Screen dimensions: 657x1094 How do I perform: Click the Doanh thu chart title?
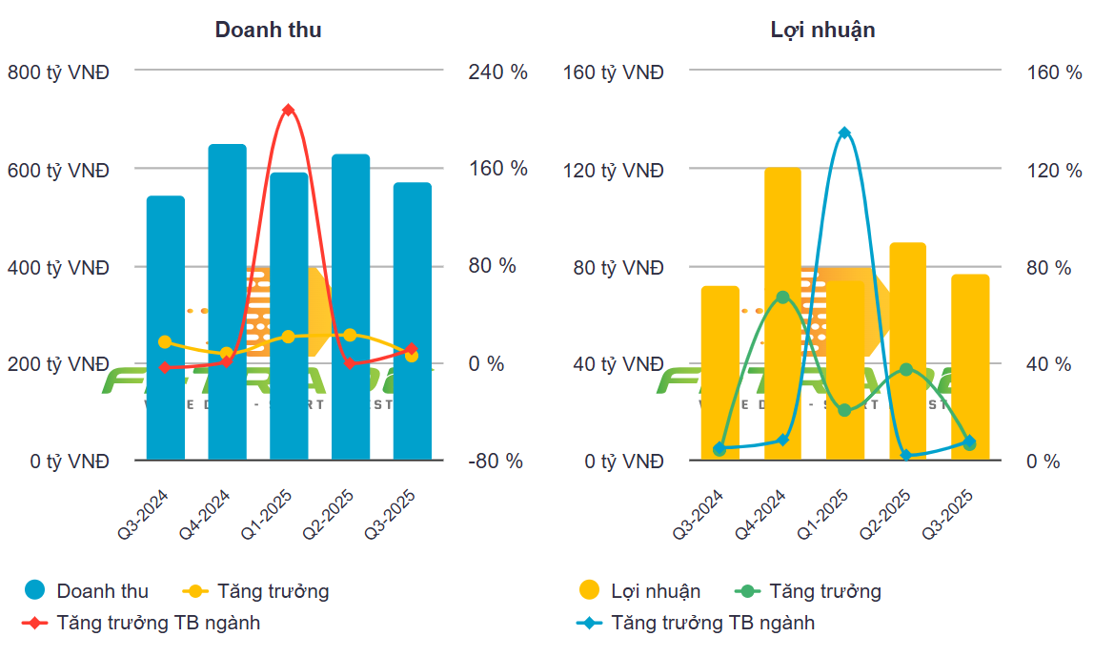pyautogui.click(x=268, y=30)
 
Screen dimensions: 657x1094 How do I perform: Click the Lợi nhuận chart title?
pyautogui.click(x=822, y=30)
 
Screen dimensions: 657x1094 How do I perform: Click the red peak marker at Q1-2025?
pyautogui.click(x=289, y=110)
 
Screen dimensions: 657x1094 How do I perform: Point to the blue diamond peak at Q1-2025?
pyautogui.click(x=844, y=133)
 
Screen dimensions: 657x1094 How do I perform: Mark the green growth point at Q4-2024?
pyautogui.click(x=782, y=298)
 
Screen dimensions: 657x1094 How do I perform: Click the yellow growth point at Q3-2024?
pyautogui.click(x=165, y=341)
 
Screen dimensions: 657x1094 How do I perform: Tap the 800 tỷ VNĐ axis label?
pyautogui.click(x=58, y=72)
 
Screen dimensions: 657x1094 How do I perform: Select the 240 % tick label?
pyautogui.click(x=497, y=72)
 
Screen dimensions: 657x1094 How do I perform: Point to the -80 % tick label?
pyautogui.click(x=495, y=462)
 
